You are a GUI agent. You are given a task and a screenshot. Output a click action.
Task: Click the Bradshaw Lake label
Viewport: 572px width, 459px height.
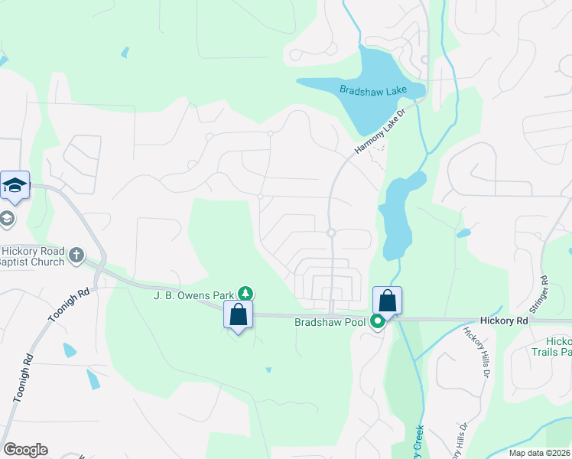click(x=374, y=91)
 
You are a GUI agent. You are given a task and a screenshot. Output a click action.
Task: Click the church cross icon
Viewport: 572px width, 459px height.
click(x=76, y=255)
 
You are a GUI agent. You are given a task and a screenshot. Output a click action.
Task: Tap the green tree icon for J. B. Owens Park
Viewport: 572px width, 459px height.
click(x=245, y=293)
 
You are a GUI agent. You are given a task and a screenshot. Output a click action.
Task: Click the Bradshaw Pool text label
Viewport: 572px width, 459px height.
click(x=331, y=322)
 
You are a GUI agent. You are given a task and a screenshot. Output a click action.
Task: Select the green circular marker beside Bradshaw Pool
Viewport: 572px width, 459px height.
click(x=377, y=322)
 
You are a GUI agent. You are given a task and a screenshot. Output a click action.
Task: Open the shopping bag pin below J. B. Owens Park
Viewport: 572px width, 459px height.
click(x=238, y=314)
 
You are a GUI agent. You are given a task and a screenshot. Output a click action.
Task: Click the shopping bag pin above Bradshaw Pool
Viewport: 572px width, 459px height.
click(x=387, y=300)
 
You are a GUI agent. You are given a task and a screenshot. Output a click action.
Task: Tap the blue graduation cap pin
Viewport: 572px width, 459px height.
click(x=15, y=185)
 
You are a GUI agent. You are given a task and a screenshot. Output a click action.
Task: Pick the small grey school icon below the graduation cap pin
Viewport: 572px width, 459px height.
click(x=7, y=219)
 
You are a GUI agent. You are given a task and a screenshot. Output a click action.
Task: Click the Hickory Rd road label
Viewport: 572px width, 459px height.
click(x=505, y=322)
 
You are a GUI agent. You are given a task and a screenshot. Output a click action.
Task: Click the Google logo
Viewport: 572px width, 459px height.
click(x=25, y=450)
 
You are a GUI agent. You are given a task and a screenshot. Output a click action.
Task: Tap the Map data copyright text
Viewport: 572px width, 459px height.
click(x=540, y=453)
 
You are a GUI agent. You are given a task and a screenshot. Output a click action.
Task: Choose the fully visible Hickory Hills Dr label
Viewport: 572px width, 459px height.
click(x=476, y=351)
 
